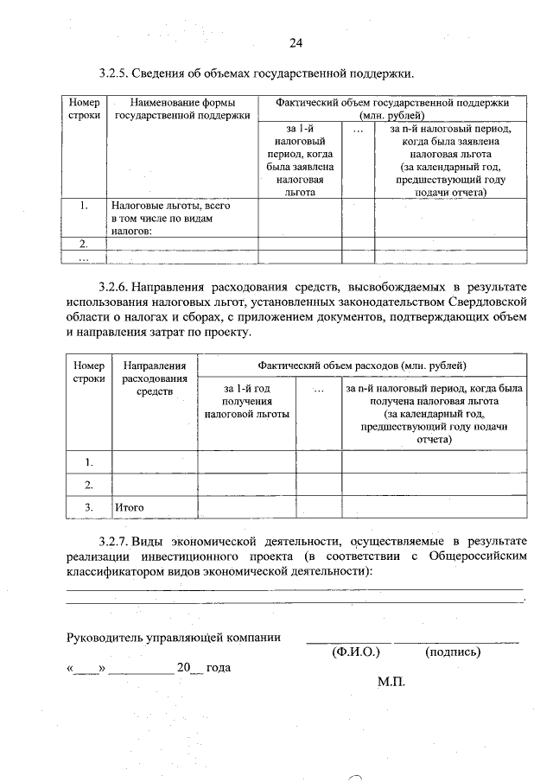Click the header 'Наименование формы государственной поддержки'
182,108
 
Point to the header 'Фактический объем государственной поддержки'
392,103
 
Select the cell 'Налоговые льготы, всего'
170,207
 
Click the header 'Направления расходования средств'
155,378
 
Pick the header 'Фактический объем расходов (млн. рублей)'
360,366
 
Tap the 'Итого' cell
129,507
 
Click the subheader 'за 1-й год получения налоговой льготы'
246,402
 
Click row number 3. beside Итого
88,507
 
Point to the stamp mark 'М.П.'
391,682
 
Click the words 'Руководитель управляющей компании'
174,638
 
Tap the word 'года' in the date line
219,668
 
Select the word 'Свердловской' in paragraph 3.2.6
485,302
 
